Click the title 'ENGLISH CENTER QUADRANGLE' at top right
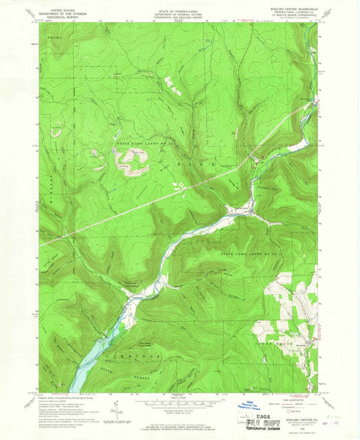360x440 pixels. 292,5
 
